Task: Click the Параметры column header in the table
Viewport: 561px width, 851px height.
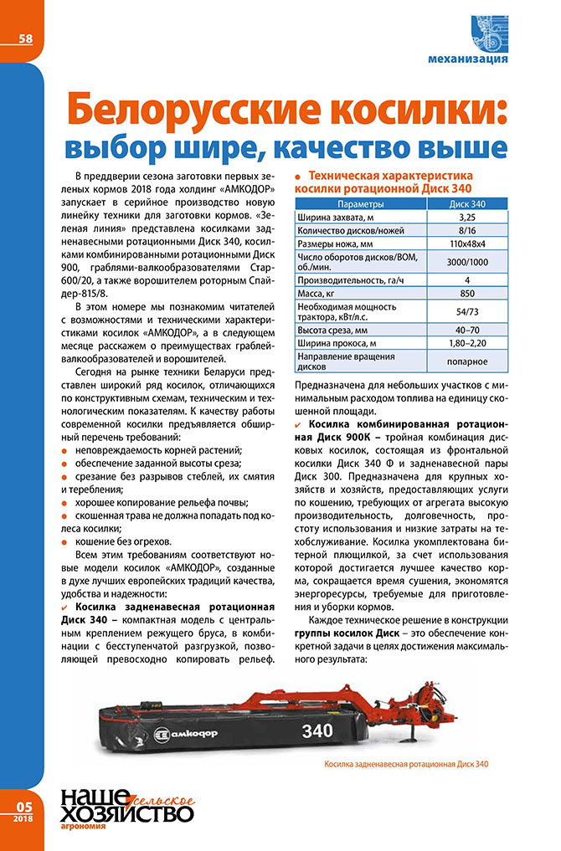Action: tap(360, 204)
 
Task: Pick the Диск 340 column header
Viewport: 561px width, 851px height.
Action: tap(467, 204)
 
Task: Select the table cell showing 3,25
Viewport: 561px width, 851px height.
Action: tap(467, 218)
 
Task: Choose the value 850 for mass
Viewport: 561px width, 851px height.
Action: tap(467, 294)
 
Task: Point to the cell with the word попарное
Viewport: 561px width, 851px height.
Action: tap(467, 361)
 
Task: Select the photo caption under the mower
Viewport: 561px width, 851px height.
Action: tap(404, 764)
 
